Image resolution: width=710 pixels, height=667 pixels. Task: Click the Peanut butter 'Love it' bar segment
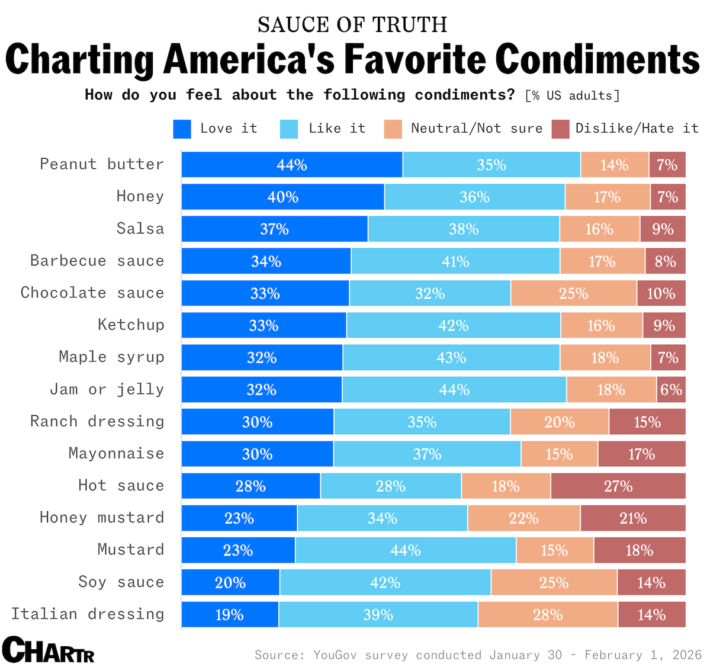point(292,165)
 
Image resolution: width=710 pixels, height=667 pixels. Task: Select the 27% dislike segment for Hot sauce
point(618,486)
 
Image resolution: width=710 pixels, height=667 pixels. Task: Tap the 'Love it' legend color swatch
point(182,129)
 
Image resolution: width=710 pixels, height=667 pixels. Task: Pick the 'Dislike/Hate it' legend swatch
point(560,129)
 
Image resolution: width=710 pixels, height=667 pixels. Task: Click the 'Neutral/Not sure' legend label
point(477,129)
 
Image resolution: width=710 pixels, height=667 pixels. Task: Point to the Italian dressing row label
point(88,614)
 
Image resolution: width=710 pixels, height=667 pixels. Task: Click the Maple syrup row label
point(111,357)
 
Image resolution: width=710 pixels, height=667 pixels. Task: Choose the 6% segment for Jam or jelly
point(671,390)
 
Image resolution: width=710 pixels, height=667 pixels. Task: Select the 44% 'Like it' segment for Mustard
point(406,550)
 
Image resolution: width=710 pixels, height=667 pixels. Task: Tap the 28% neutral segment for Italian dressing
point(548,614)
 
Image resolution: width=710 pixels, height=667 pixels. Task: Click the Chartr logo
point(48,650)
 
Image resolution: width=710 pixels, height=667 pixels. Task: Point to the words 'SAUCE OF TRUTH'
point(353,25)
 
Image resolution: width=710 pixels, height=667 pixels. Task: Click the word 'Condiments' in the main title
point(597,59)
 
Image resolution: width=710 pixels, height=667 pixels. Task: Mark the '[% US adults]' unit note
point(572,95)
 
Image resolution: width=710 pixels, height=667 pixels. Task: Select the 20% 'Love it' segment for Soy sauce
point(230,582)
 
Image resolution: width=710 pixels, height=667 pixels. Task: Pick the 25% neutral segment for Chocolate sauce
point(573,293)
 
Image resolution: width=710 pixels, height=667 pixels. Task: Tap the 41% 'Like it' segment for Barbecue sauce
point(455,261)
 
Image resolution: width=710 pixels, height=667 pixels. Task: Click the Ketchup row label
point(131,325)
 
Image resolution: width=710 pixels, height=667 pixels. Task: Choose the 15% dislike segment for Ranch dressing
point(647,422)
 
